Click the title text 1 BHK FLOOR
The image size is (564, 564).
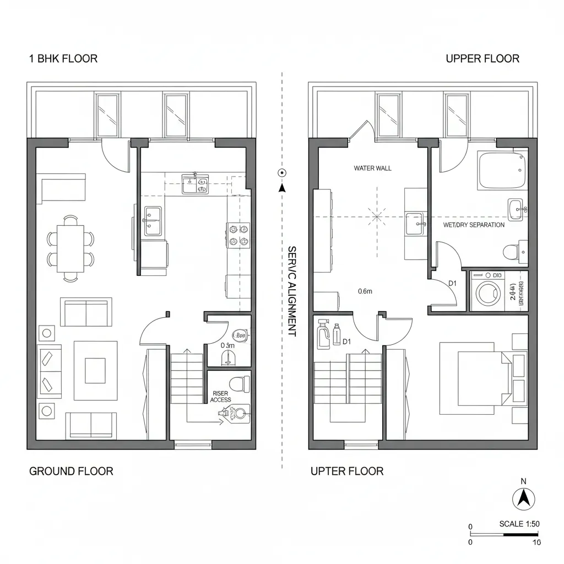[x=63, y=58]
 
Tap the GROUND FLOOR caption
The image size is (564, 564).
[x=70, y=471]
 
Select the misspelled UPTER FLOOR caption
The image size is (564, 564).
[x=347, y=471]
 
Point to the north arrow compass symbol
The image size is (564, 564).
[x=524, y=499]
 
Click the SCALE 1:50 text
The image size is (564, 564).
[x=518, y=524]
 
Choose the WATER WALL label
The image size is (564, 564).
[x=373, y=168]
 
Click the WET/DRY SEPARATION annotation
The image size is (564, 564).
[x=474, y=225]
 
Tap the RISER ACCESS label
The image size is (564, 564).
[x=220, y=397]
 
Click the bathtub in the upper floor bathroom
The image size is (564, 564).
[x=501, y=171]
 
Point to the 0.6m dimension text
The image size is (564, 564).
[x=365, y=291]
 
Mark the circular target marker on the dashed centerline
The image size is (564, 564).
[x=282, y=172]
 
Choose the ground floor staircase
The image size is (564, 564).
[x=187, y=380]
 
